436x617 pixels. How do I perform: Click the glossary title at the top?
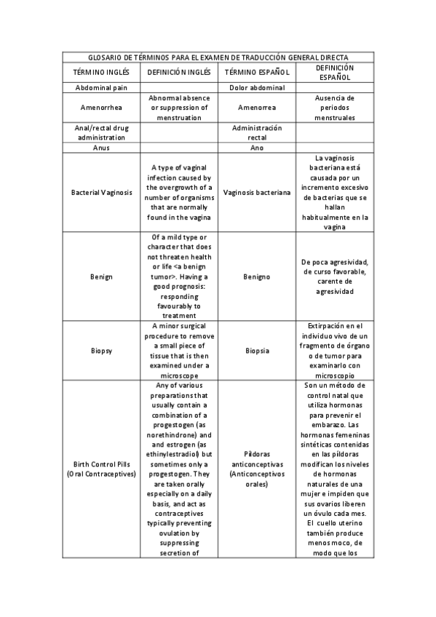(218, 57)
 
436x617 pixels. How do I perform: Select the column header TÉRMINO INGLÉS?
(101, 72)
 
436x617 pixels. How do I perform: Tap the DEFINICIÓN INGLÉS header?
(179, 72)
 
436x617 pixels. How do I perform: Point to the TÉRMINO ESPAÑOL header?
(257, 72)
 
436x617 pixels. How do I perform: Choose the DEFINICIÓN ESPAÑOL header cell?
(335, 72)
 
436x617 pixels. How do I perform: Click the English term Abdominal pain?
(101, 87)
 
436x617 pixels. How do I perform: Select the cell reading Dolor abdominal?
(257, 87)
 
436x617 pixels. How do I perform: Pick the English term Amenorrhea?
(101, 107)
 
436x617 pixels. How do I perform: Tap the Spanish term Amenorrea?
(257, 107)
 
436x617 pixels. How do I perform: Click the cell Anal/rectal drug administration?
(101, 132)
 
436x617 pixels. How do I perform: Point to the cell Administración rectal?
(257, 132)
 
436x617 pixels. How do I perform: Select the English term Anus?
(101, 148)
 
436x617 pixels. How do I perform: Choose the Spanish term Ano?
(257, 148)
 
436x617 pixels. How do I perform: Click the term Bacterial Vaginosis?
(101, 193)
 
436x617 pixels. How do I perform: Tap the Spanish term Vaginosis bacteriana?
(257, 193)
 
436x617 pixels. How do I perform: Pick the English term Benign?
(101, 276)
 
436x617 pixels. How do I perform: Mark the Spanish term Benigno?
(257, 276)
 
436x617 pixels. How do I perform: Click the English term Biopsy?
(101, 350)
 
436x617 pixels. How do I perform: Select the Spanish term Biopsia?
(257, 350)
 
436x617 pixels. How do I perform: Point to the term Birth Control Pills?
(101, 463)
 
